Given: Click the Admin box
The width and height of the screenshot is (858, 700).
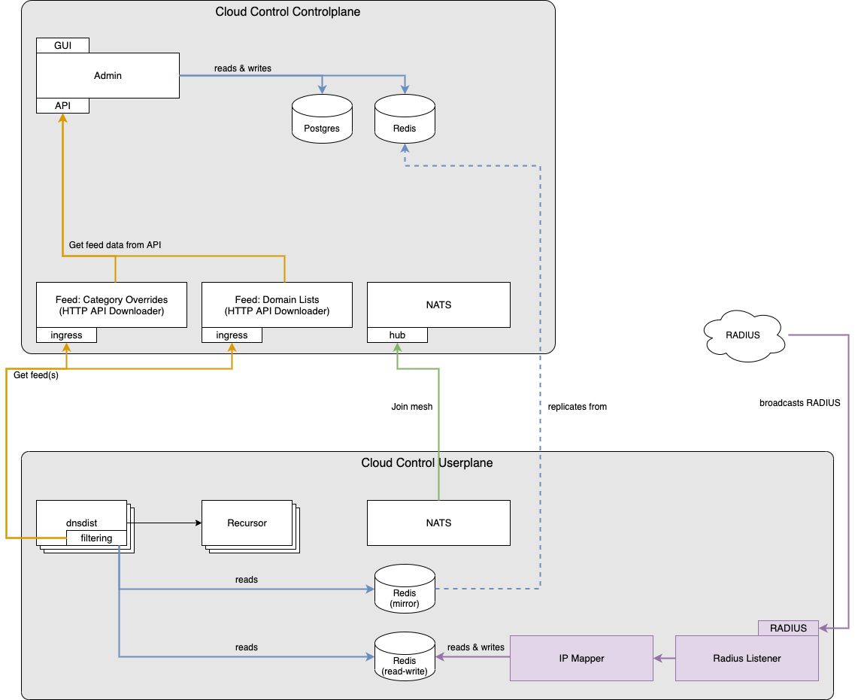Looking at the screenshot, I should click(108, 75).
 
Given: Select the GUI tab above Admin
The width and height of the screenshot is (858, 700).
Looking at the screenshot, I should click(63, 45).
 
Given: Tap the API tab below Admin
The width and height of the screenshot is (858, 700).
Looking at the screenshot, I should click(63, 105).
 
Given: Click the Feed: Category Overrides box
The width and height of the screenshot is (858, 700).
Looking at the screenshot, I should click(111, 305).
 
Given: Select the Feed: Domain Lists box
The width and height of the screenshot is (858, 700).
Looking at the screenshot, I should click(277, 305).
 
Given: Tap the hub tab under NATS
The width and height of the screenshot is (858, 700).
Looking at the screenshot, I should click(397, 335).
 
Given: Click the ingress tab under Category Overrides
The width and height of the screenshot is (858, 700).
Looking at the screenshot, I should click(66, 335).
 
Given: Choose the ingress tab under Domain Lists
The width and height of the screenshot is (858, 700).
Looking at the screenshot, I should click(232, 335).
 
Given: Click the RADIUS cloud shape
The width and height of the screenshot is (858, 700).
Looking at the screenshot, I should click(744, 336).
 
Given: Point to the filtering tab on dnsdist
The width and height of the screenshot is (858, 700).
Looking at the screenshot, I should click(96, 538).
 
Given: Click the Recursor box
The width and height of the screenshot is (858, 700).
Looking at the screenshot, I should click(247, 523).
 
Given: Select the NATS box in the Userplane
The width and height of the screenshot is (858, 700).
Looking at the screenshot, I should click(438, 523).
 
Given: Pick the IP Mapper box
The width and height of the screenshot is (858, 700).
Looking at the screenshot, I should click(581, 658).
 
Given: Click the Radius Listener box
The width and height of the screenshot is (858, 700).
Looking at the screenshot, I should click(747, 658).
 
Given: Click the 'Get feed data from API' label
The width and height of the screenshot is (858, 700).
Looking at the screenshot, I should click(115, 245).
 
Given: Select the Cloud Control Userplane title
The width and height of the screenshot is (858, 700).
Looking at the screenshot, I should click(427, 462).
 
